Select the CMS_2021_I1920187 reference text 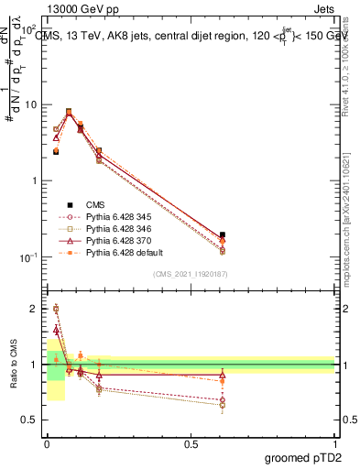(190, 273)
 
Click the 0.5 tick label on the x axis (191, 442)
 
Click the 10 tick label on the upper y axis (31, 104)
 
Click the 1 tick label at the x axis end (335, 442)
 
